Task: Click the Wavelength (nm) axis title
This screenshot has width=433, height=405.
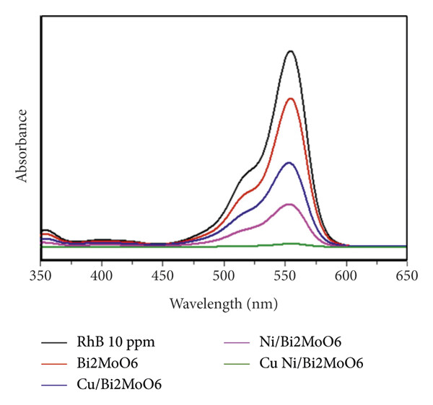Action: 222,304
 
